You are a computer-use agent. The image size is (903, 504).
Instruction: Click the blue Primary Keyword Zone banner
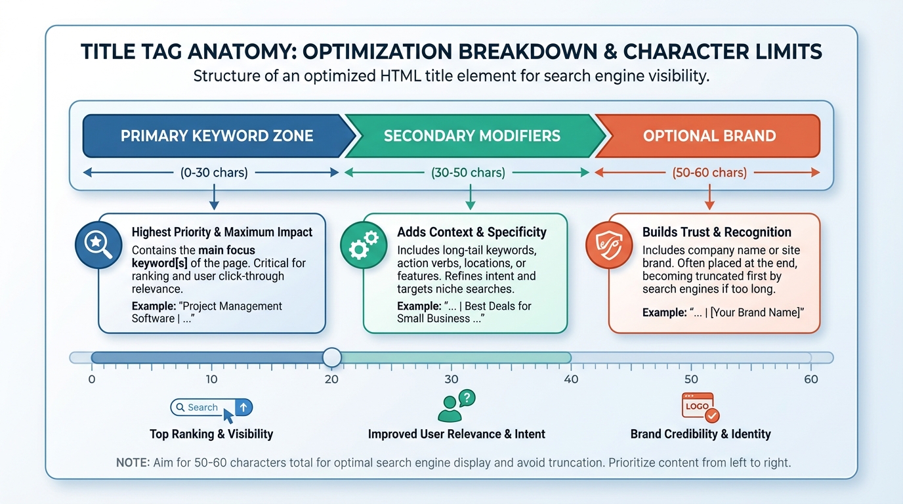[217, 136]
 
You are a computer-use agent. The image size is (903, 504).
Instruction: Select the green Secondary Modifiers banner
[472, 136]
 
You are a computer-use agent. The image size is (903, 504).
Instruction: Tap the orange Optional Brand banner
[709, 136]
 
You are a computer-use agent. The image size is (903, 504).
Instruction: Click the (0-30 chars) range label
[214, 173]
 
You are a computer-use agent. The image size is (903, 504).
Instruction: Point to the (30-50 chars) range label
[468, 173]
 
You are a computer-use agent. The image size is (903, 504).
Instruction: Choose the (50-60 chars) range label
[709, 173]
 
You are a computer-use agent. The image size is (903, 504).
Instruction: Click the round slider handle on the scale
[332, 357]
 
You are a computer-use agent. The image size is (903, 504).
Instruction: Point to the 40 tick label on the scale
[571, 379]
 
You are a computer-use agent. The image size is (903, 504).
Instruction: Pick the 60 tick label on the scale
[811, 379]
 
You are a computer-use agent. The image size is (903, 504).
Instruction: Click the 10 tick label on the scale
[211, 379]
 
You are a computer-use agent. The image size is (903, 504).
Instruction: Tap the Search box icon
[211, 408]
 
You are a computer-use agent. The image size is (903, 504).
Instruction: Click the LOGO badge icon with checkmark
[700, 407]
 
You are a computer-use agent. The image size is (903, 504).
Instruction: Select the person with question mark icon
[455, 406]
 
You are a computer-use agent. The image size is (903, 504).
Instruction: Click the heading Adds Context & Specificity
[471, 232]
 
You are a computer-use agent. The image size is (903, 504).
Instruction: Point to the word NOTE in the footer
[133, 463]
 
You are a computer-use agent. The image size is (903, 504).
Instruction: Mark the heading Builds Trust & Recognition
[717, 232]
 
